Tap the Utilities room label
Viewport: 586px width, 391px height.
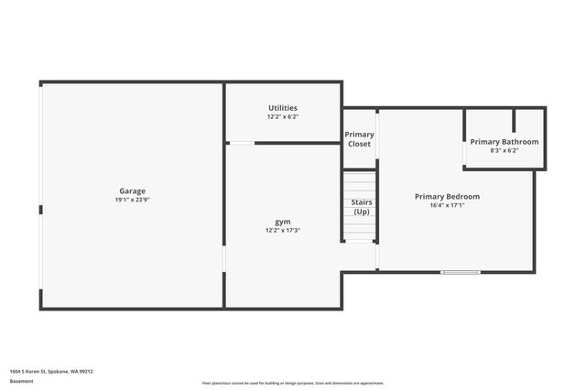click(x=282, y=108)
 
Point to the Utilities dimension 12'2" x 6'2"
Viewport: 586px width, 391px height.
click(x=282, y=117)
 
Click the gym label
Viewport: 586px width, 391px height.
click(x=282, y=222)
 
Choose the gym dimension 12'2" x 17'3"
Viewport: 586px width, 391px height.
click(x=282, y=231)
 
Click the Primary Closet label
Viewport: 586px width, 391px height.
click(x=359, y=139)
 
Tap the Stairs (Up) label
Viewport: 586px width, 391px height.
click(x=361, y=207)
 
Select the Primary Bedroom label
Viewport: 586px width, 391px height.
click(x=447, y=196)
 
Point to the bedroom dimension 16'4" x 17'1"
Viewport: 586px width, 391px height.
click(x=447, y=205)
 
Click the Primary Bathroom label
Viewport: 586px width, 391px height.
click(x=505, y=142)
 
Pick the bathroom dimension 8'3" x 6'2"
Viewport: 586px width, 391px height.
click(x=505, y=150)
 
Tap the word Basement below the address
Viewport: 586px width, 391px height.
click(x=22, y=381)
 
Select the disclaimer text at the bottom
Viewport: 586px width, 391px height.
click(x=293, y=383)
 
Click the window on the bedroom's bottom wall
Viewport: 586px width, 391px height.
click(x=461, y=272)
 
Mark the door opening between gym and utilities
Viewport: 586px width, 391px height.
click(x=241, y=143)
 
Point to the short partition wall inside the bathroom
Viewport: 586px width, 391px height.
click(x=514, y=121)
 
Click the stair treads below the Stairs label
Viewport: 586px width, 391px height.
click(x=360, y=229)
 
